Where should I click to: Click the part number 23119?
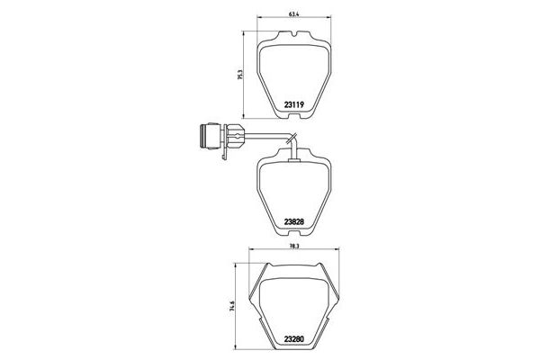coord(297,104)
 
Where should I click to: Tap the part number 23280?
coord(297,338)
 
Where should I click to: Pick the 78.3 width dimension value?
coord(295,244)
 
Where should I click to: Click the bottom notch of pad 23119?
coord(296,114)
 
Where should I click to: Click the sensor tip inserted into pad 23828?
coord(295,157)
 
